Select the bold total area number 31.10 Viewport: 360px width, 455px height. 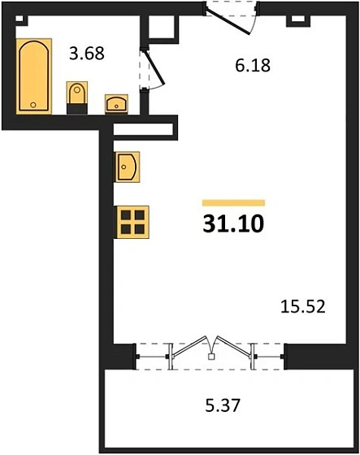pos(233,221)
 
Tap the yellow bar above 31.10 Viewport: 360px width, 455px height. pos(233,201)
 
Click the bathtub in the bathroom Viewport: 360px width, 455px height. pos(33,76)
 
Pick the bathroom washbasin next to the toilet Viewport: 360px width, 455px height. pos(116,103)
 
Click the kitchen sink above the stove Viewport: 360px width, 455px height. pos(128,168)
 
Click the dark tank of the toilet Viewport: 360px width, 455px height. pos(78,108)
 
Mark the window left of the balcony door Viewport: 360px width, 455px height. pos(151,353)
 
